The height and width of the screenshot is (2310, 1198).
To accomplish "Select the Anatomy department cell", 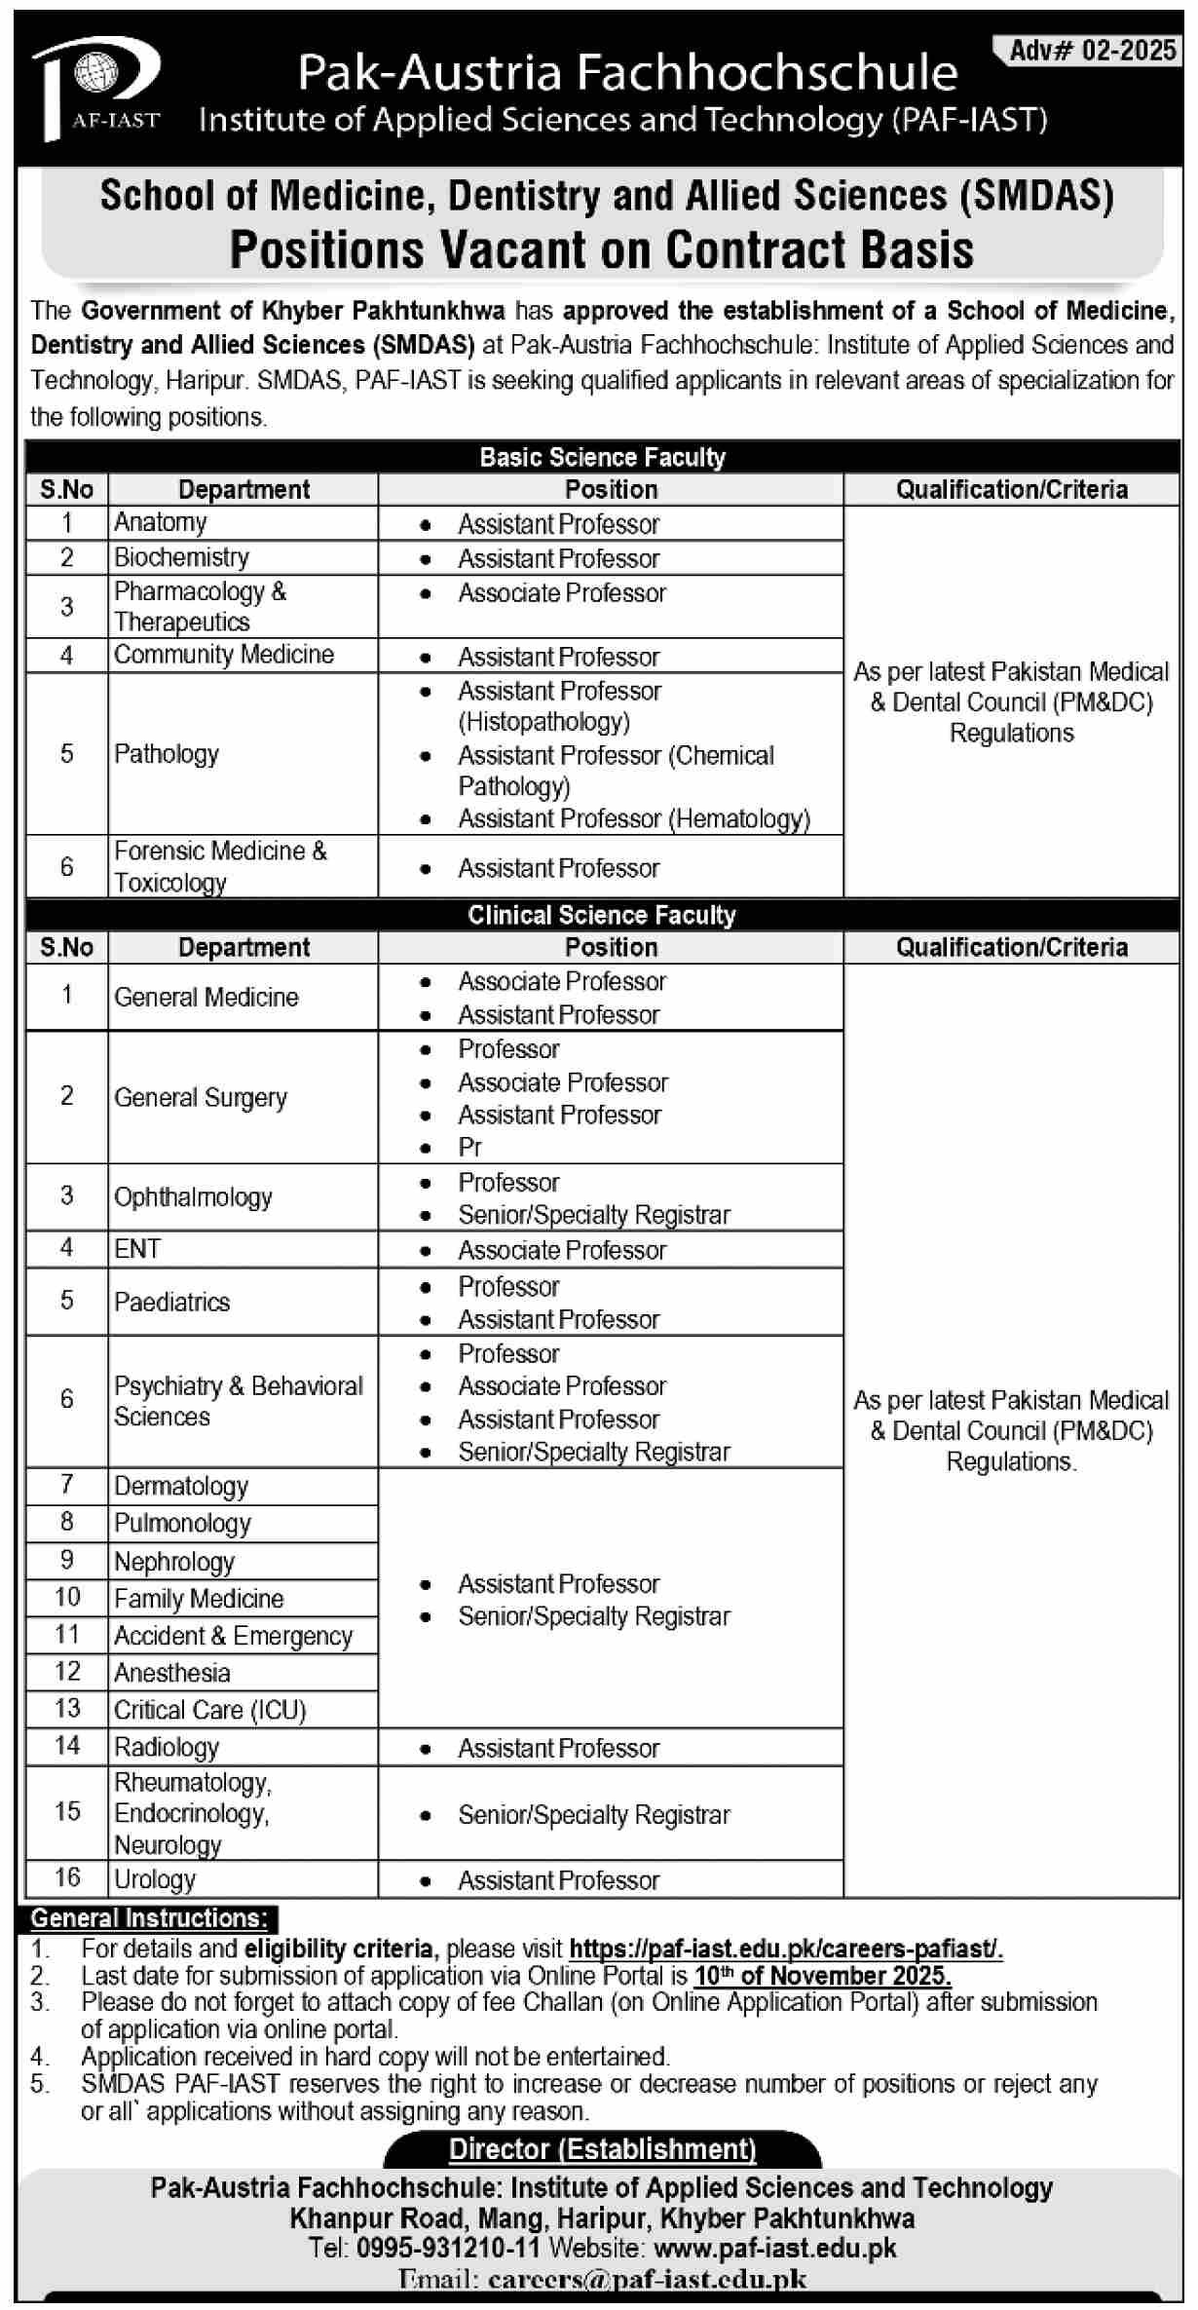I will click(161, 523).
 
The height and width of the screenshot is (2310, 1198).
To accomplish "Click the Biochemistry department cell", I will click(182, 557).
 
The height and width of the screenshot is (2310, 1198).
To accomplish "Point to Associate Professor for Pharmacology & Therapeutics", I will click(562, 593).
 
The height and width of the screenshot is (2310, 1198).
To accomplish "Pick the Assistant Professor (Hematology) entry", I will click(633, 819).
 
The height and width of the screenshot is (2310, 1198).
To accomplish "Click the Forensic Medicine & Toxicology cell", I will click(220, 866).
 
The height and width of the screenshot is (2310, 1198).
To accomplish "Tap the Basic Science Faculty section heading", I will click(602, 457).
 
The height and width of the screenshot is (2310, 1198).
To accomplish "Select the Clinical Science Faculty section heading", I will click(602, 915).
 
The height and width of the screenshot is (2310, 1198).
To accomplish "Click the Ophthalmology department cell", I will click(193, 1197).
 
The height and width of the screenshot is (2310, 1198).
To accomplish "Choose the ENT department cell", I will click(137, 1249).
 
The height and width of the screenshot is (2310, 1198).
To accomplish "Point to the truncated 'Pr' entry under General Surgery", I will click(470, 1148).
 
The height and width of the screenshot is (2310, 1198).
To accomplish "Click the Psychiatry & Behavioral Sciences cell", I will click(238, 1401).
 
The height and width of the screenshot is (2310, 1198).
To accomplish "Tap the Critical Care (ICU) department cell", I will click(210, 1710).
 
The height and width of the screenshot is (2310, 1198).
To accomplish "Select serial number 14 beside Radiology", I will click(67, 1746).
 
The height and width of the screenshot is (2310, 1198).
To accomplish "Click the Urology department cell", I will click(155, 1879).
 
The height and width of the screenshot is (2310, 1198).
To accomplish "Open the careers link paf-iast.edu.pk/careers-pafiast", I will click(785, 1949).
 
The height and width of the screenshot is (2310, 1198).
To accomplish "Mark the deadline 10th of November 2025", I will click(822, 1975).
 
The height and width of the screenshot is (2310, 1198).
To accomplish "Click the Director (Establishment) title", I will click(602, 2148).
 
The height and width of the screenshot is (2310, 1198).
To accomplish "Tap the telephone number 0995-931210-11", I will click(448, 2248).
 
